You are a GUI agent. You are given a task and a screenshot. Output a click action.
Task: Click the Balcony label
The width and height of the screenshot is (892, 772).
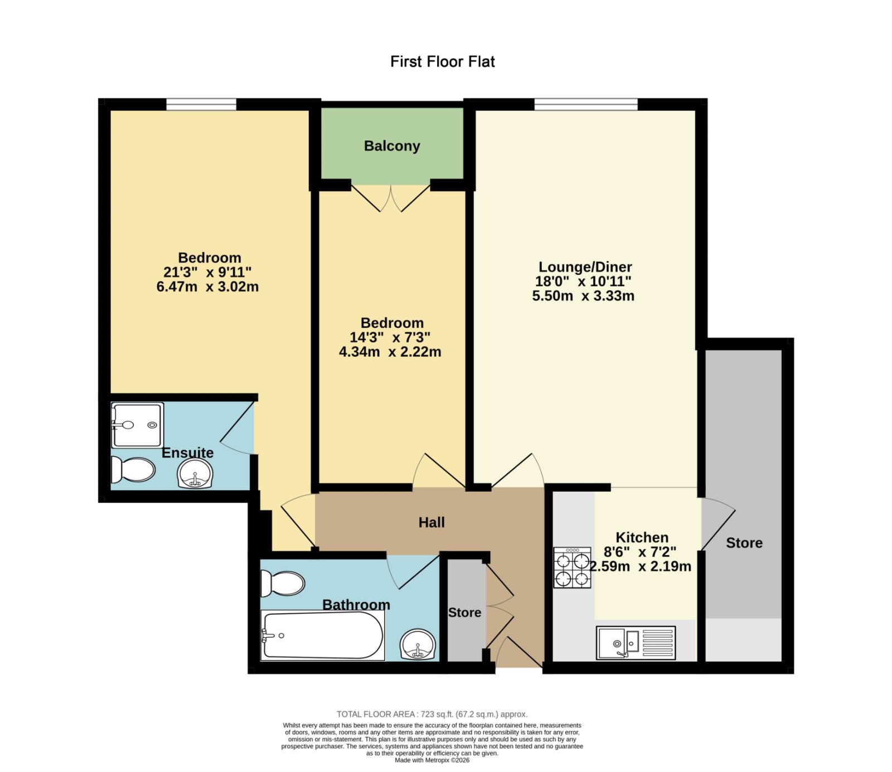pos(392,146)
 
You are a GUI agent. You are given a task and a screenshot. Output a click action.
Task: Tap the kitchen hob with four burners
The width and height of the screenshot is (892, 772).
pos(572,567)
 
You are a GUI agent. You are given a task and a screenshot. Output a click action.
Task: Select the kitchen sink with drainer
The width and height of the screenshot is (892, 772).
pos(636,643)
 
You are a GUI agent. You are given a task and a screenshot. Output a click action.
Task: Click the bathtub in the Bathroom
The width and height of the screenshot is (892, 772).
pos(323,635)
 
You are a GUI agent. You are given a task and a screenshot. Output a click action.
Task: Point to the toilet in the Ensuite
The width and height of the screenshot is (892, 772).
pos(133,470)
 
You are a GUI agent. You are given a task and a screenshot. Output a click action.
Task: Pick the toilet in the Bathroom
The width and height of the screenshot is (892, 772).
pos(282,584)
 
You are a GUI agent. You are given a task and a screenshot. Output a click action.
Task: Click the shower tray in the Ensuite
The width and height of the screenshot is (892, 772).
pos(137,425)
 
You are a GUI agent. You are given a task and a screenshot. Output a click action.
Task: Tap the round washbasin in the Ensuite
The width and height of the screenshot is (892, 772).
pos(195,475)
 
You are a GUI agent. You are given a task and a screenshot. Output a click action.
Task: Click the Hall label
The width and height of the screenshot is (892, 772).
pos(432,522)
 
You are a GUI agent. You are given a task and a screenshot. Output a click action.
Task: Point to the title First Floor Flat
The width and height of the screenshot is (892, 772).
pos(443,61)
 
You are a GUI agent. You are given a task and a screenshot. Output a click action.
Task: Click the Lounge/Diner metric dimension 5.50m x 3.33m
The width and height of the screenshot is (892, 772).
pos(583,296)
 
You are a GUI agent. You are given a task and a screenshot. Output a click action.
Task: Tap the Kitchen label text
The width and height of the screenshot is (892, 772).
pos(642,537)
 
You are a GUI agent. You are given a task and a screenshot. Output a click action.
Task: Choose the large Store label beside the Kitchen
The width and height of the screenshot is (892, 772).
pos(744,543)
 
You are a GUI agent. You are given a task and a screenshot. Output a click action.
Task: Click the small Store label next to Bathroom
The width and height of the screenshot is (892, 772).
pos(464,613)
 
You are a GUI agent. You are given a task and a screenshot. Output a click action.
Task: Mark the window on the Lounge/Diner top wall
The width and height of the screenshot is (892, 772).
pos(586,104)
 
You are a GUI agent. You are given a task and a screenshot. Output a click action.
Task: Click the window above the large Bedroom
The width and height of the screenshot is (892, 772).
pos(201,104)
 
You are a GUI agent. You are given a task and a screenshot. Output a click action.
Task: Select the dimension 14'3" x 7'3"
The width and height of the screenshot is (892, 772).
pos(390,337)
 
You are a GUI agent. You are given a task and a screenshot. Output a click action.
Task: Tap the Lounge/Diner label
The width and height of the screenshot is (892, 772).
pos(585,267)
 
